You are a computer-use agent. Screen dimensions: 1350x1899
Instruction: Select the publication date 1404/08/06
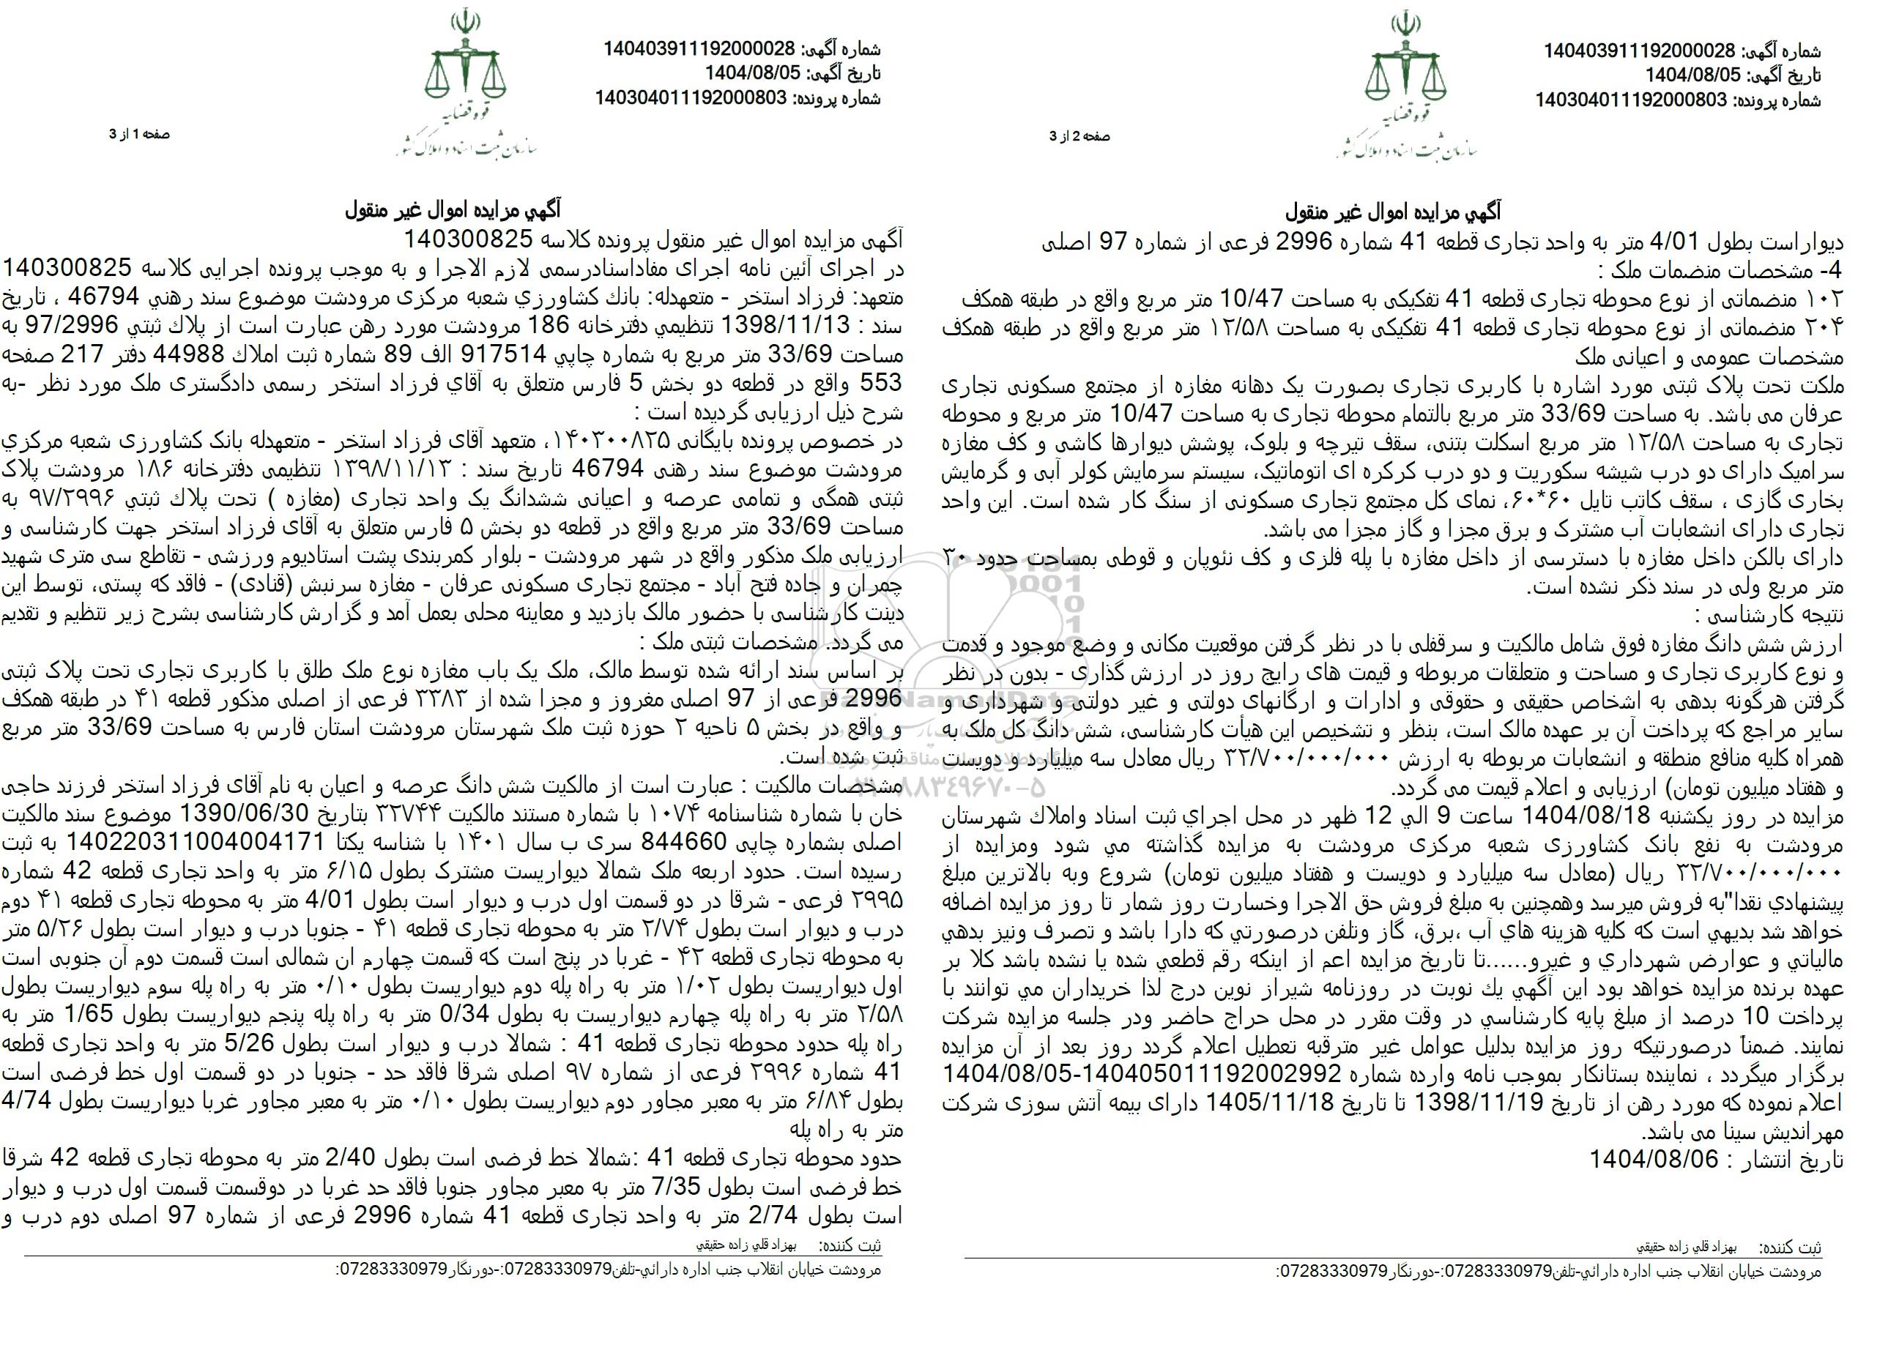(1654, 1160)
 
